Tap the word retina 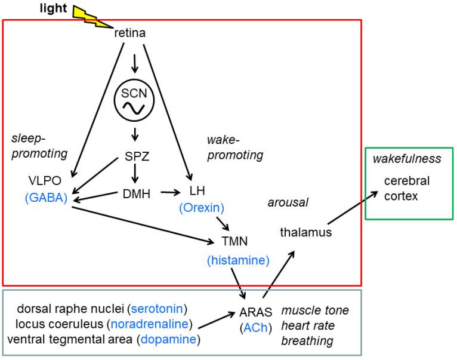click(x=129, y=35)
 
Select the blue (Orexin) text click(x=201, y=208)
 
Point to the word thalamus click(x=305, y=232)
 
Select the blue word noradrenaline click(x=157, y=324)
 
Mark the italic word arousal click(x=288, y=202)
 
